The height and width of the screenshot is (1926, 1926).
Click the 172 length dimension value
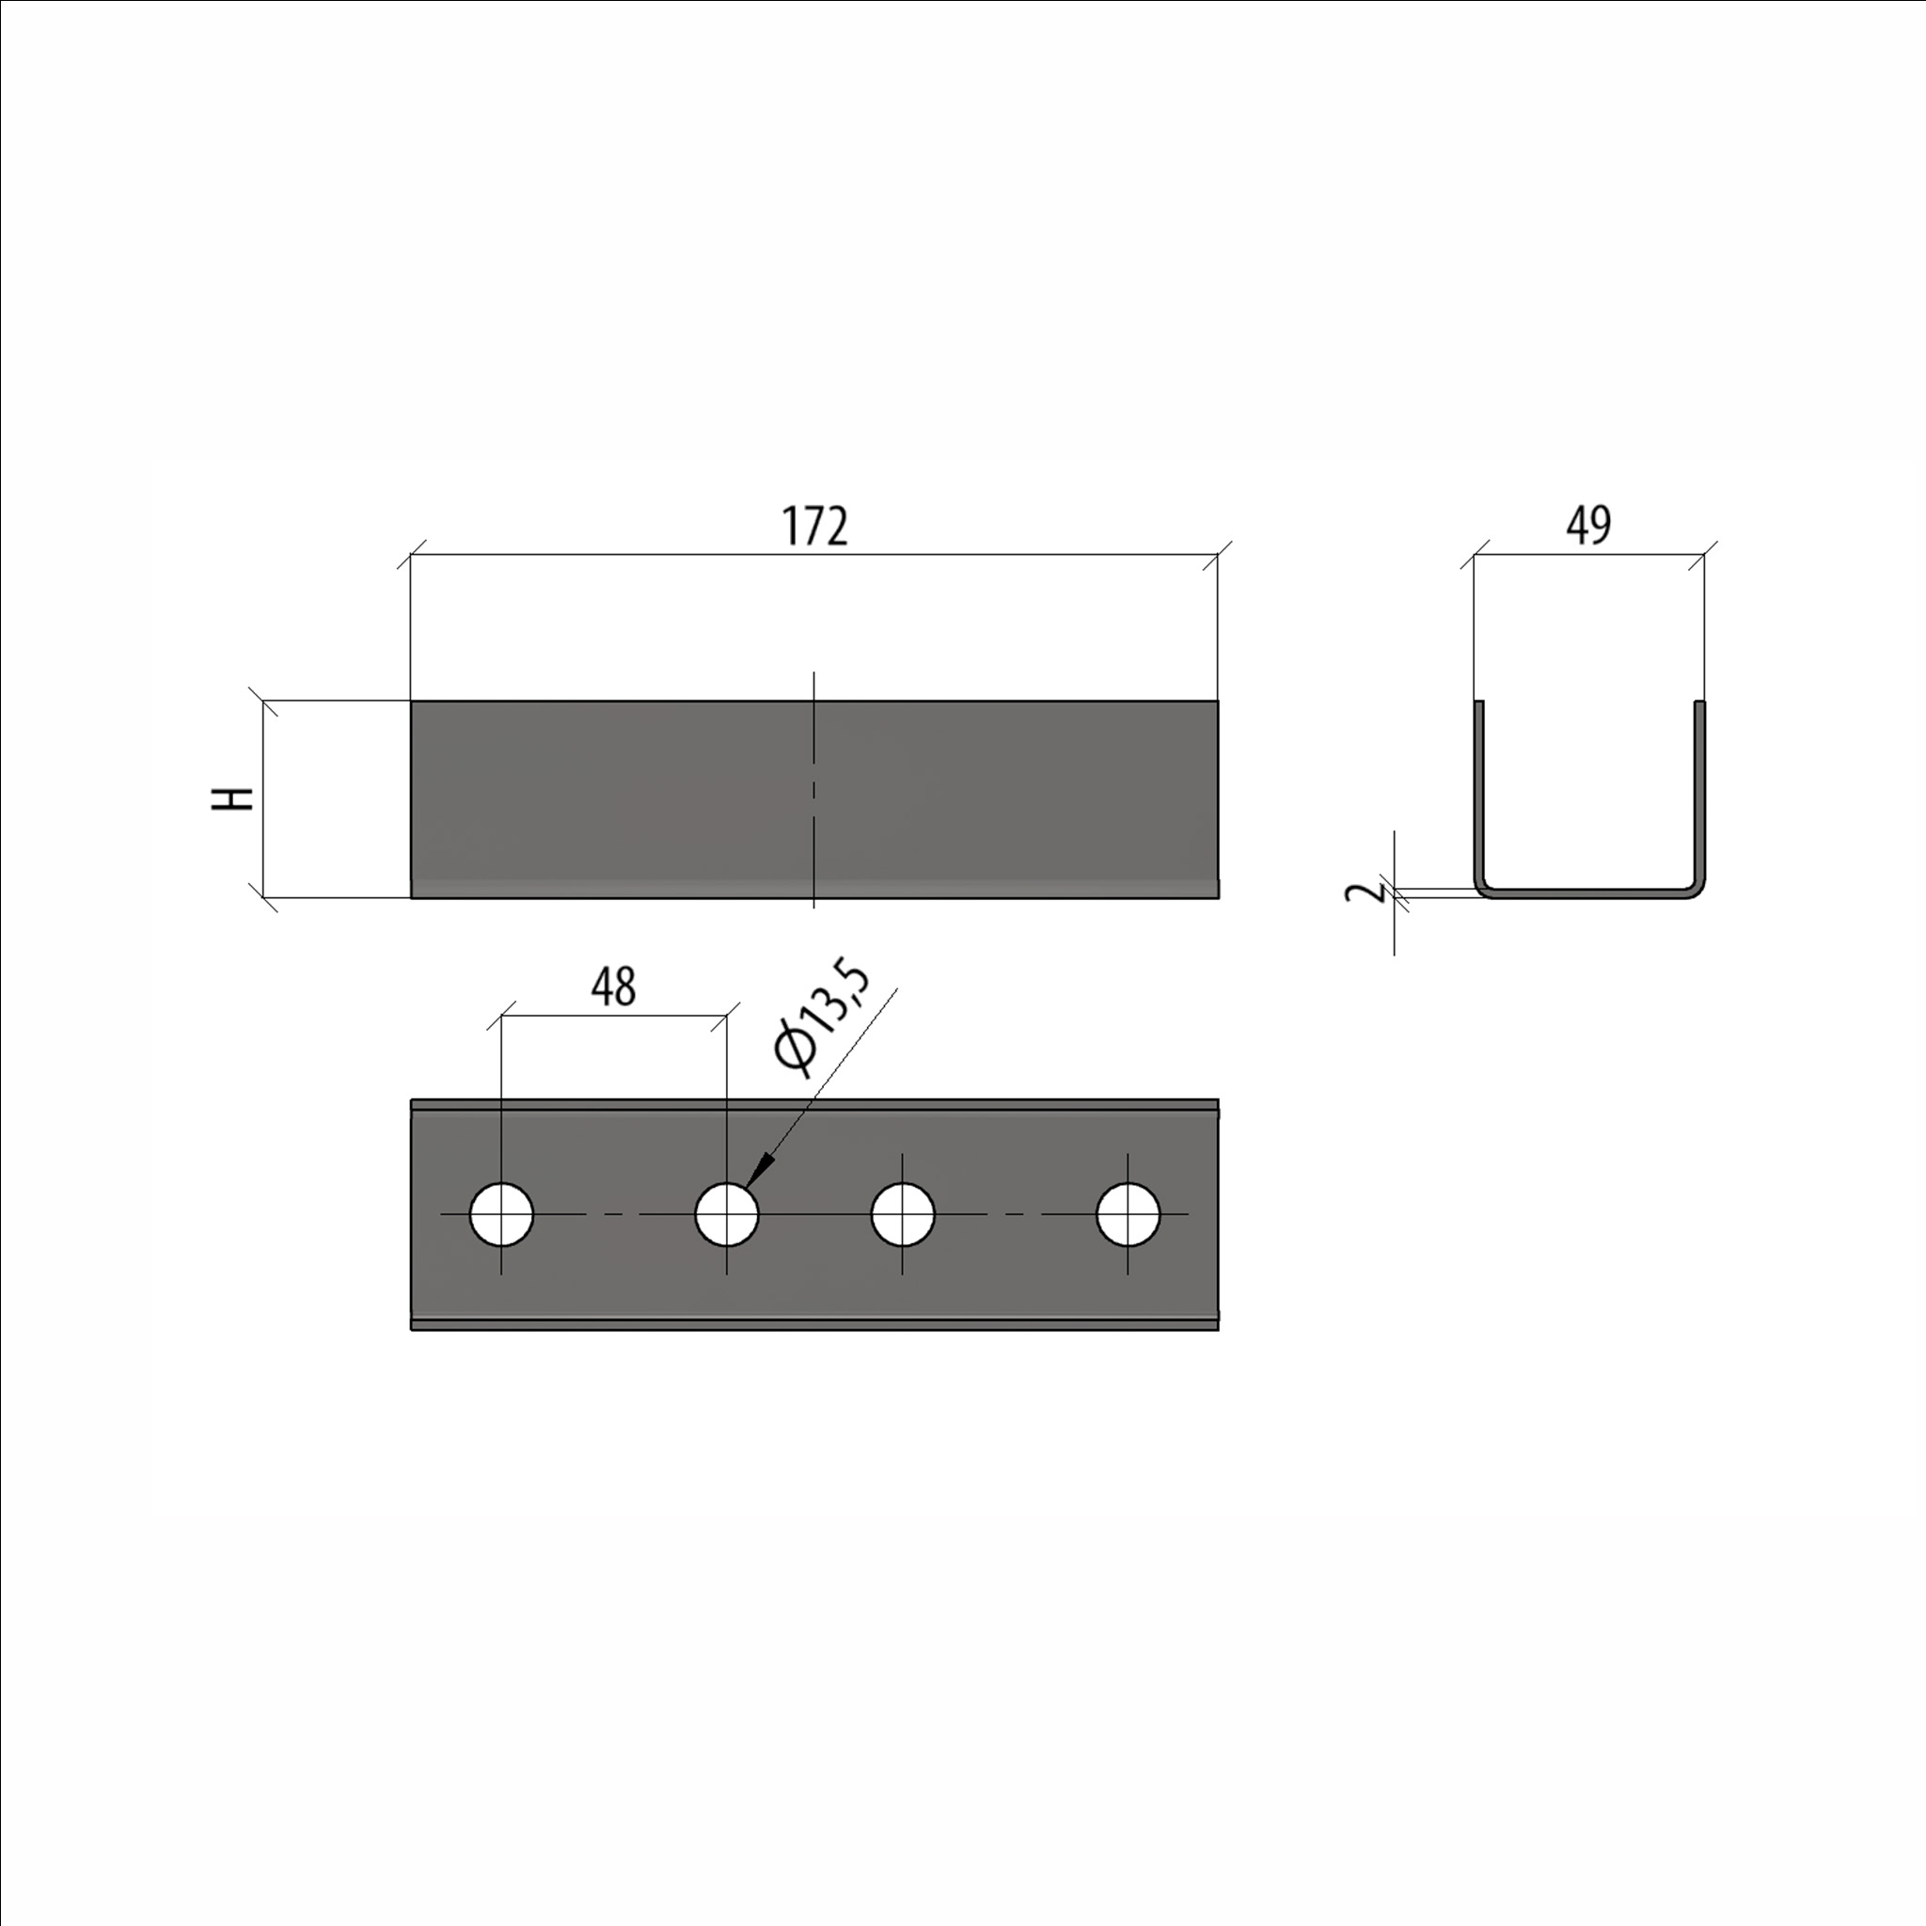[x=814, y=527]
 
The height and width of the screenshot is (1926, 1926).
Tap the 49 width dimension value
[x=1589, y=525]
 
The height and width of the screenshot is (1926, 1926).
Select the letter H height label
[x=233, y=798]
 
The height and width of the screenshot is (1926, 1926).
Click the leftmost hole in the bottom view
[x=501, y=1215]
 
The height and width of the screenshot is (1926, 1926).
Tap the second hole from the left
[x=727, y=1215]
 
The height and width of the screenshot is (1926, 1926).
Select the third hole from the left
[x=903, y=1215]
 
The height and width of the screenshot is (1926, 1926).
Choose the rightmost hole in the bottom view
[x=1129, y=1215]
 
